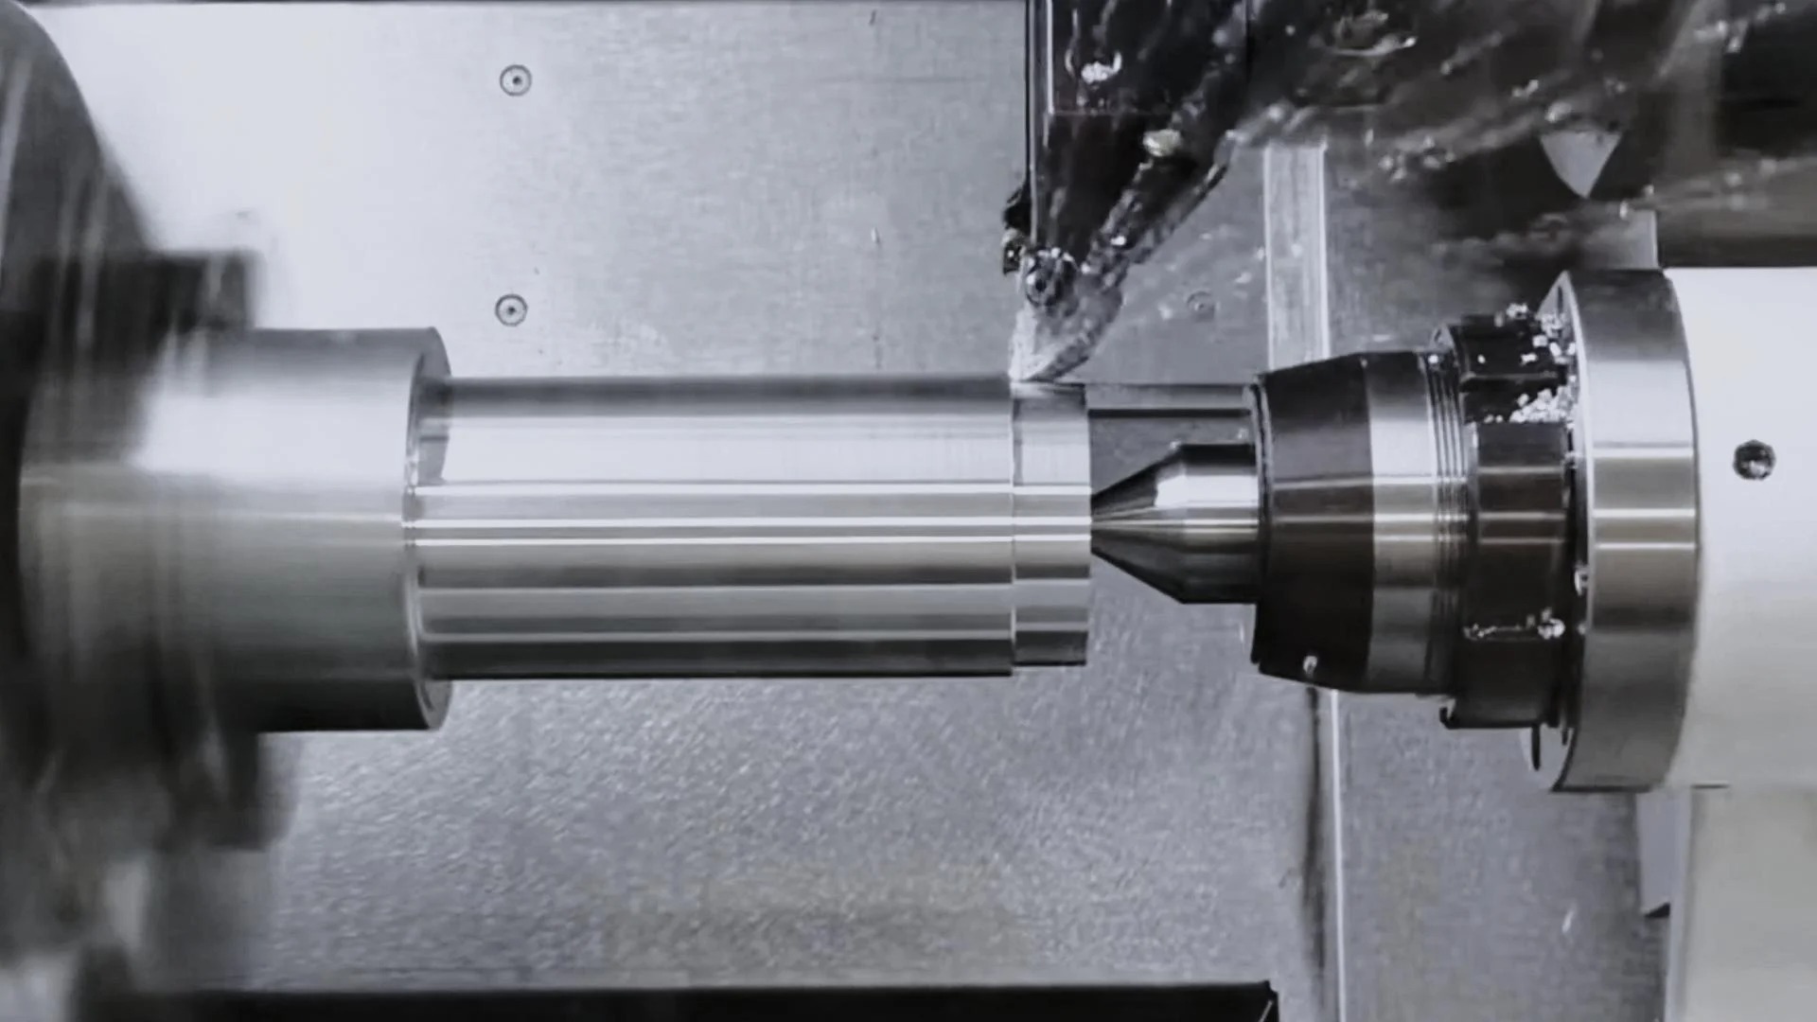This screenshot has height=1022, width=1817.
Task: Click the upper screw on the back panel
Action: pyautogui.click(x=515, y=80)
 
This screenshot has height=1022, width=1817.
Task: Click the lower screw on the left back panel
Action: pyautogui.click(x=511, y=309)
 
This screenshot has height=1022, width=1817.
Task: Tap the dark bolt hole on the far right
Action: pyautogui.click(x=1753, y=460)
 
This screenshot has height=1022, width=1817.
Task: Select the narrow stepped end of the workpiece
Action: pyautogui.click(x=1050, y=525)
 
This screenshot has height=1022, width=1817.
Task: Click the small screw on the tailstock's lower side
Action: pyautogui.click(x=1311, y=665)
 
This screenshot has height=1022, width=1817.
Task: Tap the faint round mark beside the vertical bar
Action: pyautogui.click(x=1200, y=305)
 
